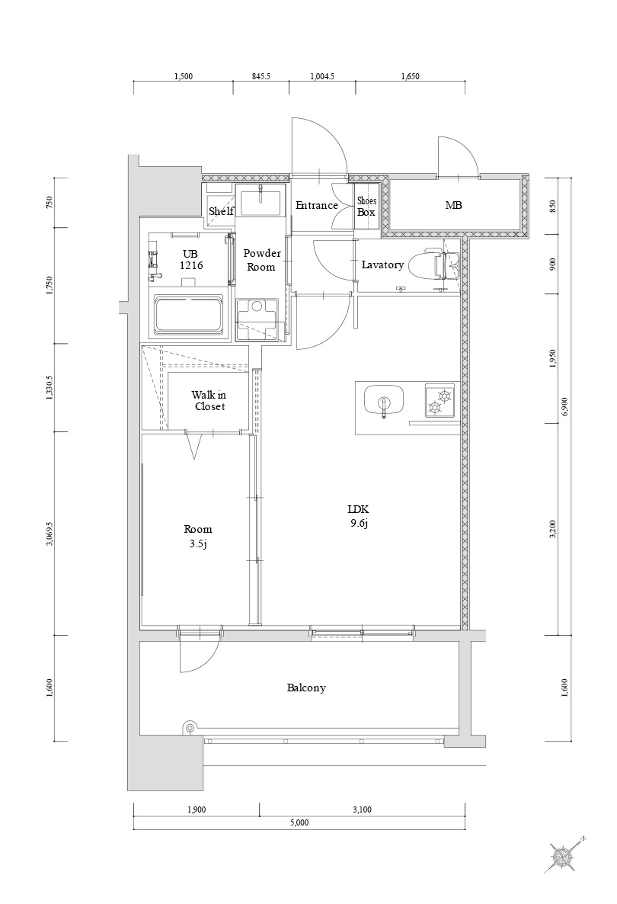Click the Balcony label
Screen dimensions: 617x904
tap(306, 688)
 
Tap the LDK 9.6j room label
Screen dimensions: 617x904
tap(358, 516)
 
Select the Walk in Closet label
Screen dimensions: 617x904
tap(209, 401)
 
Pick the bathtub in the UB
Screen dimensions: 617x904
tap(188, 315)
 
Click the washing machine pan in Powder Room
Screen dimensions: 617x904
tap(257, 319)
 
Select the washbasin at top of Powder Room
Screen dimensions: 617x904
tap(260, 202)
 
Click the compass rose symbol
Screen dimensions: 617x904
tap(561, 854)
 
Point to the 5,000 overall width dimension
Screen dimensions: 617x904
tap(299, 822)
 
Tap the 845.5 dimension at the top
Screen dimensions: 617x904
tap(261, 76)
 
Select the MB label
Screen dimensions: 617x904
tap(453, 205)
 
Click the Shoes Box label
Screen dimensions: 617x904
tap(366, 207)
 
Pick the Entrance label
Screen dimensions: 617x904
tap(316, 205)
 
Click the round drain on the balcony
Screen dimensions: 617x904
tap(189, 728)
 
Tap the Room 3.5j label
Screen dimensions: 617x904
tap(197, 536)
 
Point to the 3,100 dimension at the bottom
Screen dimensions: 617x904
tap(362, 809)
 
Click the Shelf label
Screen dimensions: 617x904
tap(221, 211)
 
